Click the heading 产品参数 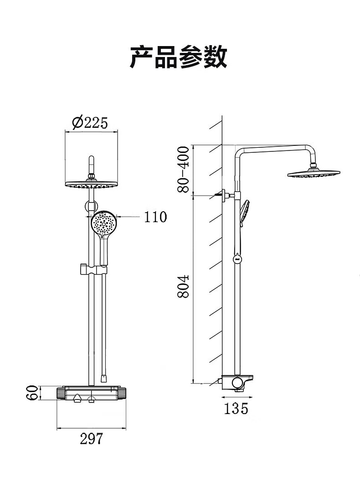tap(179, 57)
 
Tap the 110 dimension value tap(155, 217)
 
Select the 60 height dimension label tap(32, 393)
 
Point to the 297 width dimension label tap(92, 439)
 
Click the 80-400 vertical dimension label tap(183, 170)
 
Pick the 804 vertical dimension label tap(183, 286)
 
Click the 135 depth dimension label tap(236, 408)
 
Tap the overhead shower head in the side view tap(314, 173)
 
